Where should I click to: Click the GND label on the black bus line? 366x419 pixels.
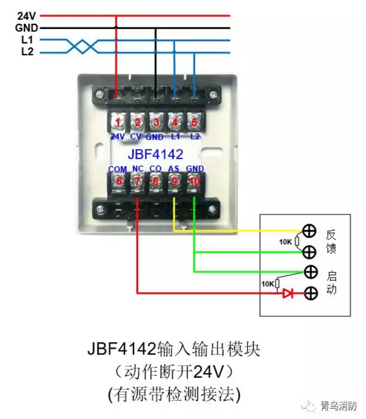27,27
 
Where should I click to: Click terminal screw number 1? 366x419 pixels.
118,121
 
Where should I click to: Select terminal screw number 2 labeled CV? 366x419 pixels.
137,121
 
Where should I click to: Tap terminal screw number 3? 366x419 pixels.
156,121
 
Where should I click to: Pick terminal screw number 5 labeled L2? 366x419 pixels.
194,121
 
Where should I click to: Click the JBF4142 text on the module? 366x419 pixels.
156,154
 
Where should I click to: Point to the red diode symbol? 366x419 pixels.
288,294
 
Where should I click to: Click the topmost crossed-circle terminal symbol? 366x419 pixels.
309,231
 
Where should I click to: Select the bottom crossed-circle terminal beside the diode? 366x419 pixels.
310,294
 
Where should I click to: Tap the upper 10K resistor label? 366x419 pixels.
285,241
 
